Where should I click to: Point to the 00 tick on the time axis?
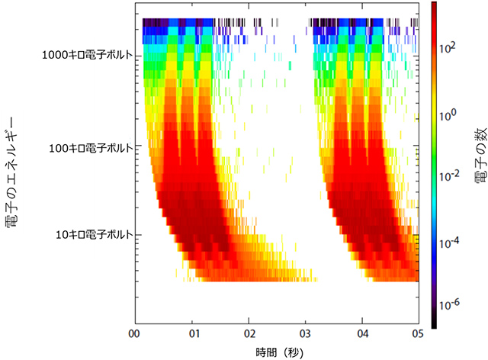pyautogui.click(x=134, y=333)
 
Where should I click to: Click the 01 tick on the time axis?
pyautogui.click(x=194, y=333)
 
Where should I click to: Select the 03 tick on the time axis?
pyautogui.click(x=305, y=333)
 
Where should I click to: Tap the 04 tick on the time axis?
pyautogui.click(x=361, y=333)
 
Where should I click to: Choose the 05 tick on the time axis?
pyautogui.click(x=416, y=333)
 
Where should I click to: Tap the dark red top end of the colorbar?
pyautogui.click(x=432, y=6)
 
